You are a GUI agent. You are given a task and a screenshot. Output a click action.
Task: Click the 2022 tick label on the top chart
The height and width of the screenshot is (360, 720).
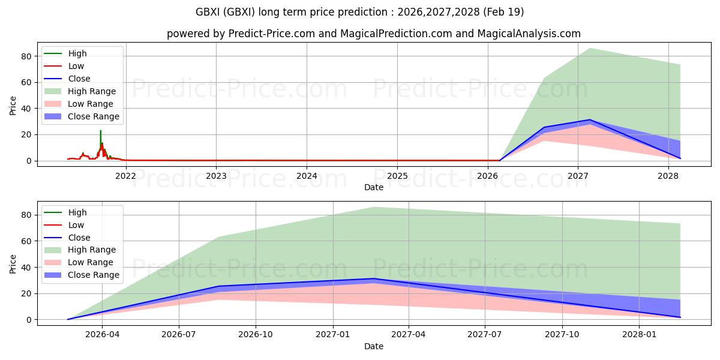pyautogui.click(x=125, y=176)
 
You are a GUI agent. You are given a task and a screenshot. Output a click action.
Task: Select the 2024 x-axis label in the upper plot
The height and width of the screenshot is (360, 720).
pyautogui.click(x=307, y=176)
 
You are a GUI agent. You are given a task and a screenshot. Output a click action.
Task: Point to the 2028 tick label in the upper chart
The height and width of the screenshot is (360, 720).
pyautogui.click(x=668, y=176)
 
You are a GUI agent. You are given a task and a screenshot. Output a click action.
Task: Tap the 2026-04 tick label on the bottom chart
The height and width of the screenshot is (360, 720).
pyautogui.click(x=102, y=334)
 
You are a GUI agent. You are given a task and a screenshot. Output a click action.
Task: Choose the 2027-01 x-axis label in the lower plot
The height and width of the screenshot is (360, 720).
pyautogui.click(x=332, y=334)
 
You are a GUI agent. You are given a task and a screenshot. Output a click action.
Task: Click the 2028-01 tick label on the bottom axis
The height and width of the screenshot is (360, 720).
pyautogui.click(x=640, y=334)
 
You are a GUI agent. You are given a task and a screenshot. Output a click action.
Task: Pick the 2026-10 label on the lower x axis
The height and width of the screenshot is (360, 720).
pyautogui.click(x=256, y=334)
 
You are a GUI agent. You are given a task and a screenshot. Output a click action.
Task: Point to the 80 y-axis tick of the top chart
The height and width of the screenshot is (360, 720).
pyautogui.click(x=26, y=56)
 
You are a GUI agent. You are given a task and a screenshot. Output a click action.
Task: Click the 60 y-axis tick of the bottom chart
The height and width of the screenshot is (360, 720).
pyautogui.click(x=26, y=241)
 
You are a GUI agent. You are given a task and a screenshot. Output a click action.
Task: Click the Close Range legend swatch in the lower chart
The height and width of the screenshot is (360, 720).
pyautogui.click(x=52, y=275)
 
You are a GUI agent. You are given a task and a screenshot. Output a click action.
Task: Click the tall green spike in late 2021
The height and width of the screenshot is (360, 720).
pyautogui.click(x=101, y=138)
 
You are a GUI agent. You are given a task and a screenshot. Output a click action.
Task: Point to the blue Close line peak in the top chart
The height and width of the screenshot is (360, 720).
pyautogui.click(x=589, y=120)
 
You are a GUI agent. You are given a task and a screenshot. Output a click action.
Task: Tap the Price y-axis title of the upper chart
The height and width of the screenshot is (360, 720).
pyautogui.click(x=13, y=106)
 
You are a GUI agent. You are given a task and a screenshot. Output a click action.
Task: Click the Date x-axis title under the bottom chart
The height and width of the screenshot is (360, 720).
pyautogui.click(x=373, y=346)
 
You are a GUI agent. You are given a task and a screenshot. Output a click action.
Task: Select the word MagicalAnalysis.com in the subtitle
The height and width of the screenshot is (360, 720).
pyautogui.click(x=529, y=34)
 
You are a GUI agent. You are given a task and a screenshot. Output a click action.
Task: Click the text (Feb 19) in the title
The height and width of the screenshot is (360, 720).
pyautogui.click(x=503, y=12)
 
